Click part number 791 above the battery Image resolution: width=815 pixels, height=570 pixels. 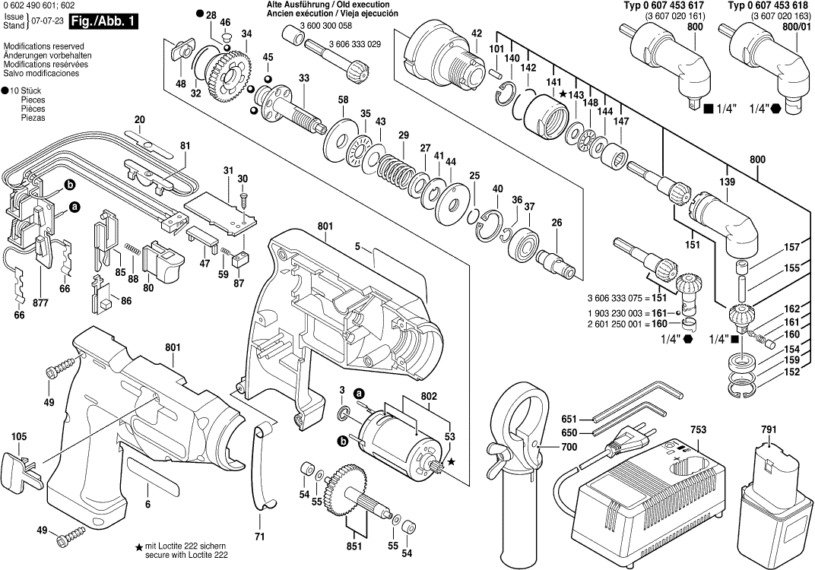click(769, 430)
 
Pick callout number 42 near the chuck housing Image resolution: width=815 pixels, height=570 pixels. click(476, 33)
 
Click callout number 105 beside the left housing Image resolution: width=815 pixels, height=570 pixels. click(19, 436)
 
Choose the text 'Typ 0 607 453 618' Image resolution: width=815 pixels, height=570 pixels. click(769, 6)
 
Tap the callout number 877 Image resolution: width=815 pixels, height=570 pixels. click(41, 303)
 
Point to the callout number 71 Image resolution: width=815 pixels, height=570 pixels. click(259, 537)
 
